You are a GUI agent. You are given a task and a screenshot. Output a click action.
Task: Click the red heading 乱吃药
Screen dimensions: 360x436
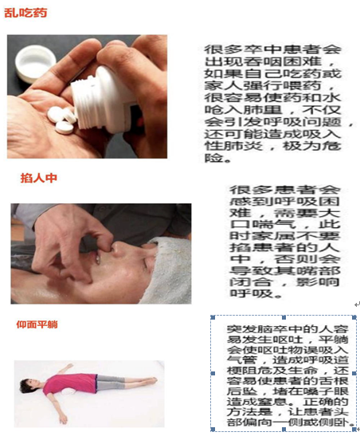pyautogui.click(x=25, y=13)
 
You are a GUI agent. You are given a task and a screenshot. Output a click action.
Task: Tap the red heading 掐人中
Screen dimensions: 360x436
pyautogui.click(x=38, y=178)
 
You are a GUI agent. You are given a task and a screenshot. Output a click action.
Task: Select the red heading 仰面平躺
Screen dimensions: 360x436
pyautogui.click(x=37, y=324)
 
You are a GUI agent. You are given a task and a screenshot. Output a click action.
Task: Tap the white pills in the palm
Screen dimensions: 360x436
pyautogui.click(x=61, y=120)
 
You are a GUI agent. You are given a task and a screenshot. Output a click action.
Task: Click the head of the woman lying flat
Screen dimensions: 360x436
pyautogui.click(x=29, y=386)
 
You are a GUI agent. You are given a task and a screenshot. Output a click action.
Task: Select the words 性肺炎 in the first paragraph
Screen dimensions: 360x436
pyautogui.click(x=233, y=145)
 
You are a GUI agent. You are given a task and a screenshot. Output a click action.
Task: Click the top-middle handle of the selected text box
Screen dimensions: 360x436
pyautogui.click(x=284, y=317)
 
